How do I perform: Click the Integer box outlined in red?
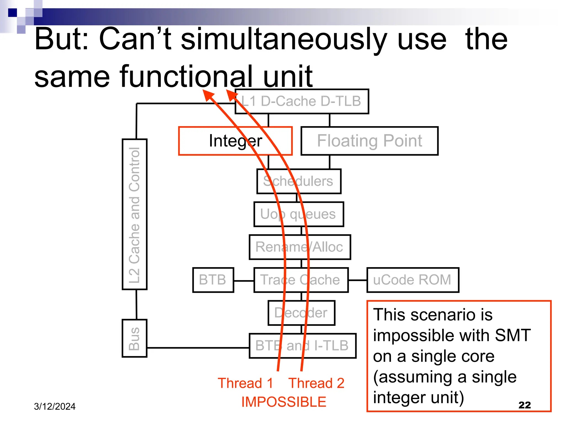pos(235,141)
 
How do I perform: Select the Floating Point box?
pos(369,141)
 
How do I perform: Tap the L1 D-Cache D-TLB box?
pos(302,101)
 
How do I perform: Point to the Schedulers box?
pos(299,181)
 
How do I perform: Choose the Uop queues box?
pos(299,214)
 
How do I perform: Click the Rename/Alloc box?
pos(300,247)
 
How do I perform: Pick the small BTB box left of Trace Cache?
pos(213,280)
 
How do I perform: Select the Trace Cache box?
pos(301,280)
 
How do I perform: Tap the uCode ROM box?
pos(412,280)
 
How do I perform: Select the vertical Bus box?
pos(134,338)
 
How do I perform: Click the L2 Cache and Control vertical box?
pos(134,214)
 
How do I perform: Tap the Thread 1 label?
pos(245,383)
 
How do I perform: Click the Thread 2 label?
pos(316,383)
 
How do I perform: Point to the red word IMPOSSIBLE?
pos(284,402)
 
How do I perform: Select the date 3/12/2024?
pos(55,406)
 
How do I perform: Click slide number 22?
pos(524,405)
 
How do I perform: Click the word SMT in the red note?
pos(513,335)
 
